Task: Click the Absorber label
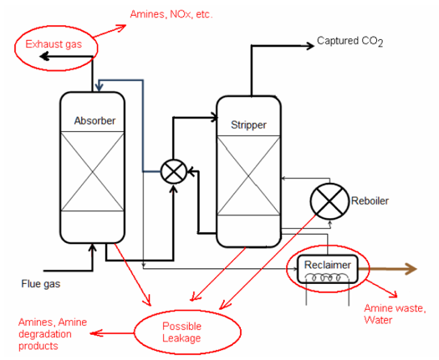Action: [x=94, y=121]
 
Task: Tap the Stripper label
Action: [x=248, y=125]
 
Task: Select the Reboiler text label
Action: [x=370, y=200]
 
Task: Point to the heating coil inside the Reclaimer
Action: [x=327, y=277]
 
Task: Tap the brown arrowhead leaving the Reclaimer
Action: [x=411, y=269]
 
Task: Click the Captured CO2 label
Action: [x=350, y=42]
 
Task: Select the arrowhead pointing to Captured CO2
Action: [x=311, y=46]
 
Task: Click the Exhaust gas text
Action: [x=54, y=44]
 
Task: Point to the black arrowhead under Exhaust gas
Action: [x=44, y=57]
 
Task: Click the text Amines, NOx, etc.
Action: [x=171, y=14]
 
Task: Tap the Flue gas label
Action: [x=41, y=284]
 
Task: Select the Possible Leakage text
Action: [x=181, y=332]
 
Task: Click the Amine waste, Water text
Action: [x=395, y=314]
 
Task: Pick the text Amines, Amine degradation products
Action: [x=53, y=334]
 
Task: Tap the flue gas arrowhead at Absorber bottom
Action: [x=92, y=248]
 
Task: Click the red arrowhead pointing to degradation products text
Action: [x=96, y=333]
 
